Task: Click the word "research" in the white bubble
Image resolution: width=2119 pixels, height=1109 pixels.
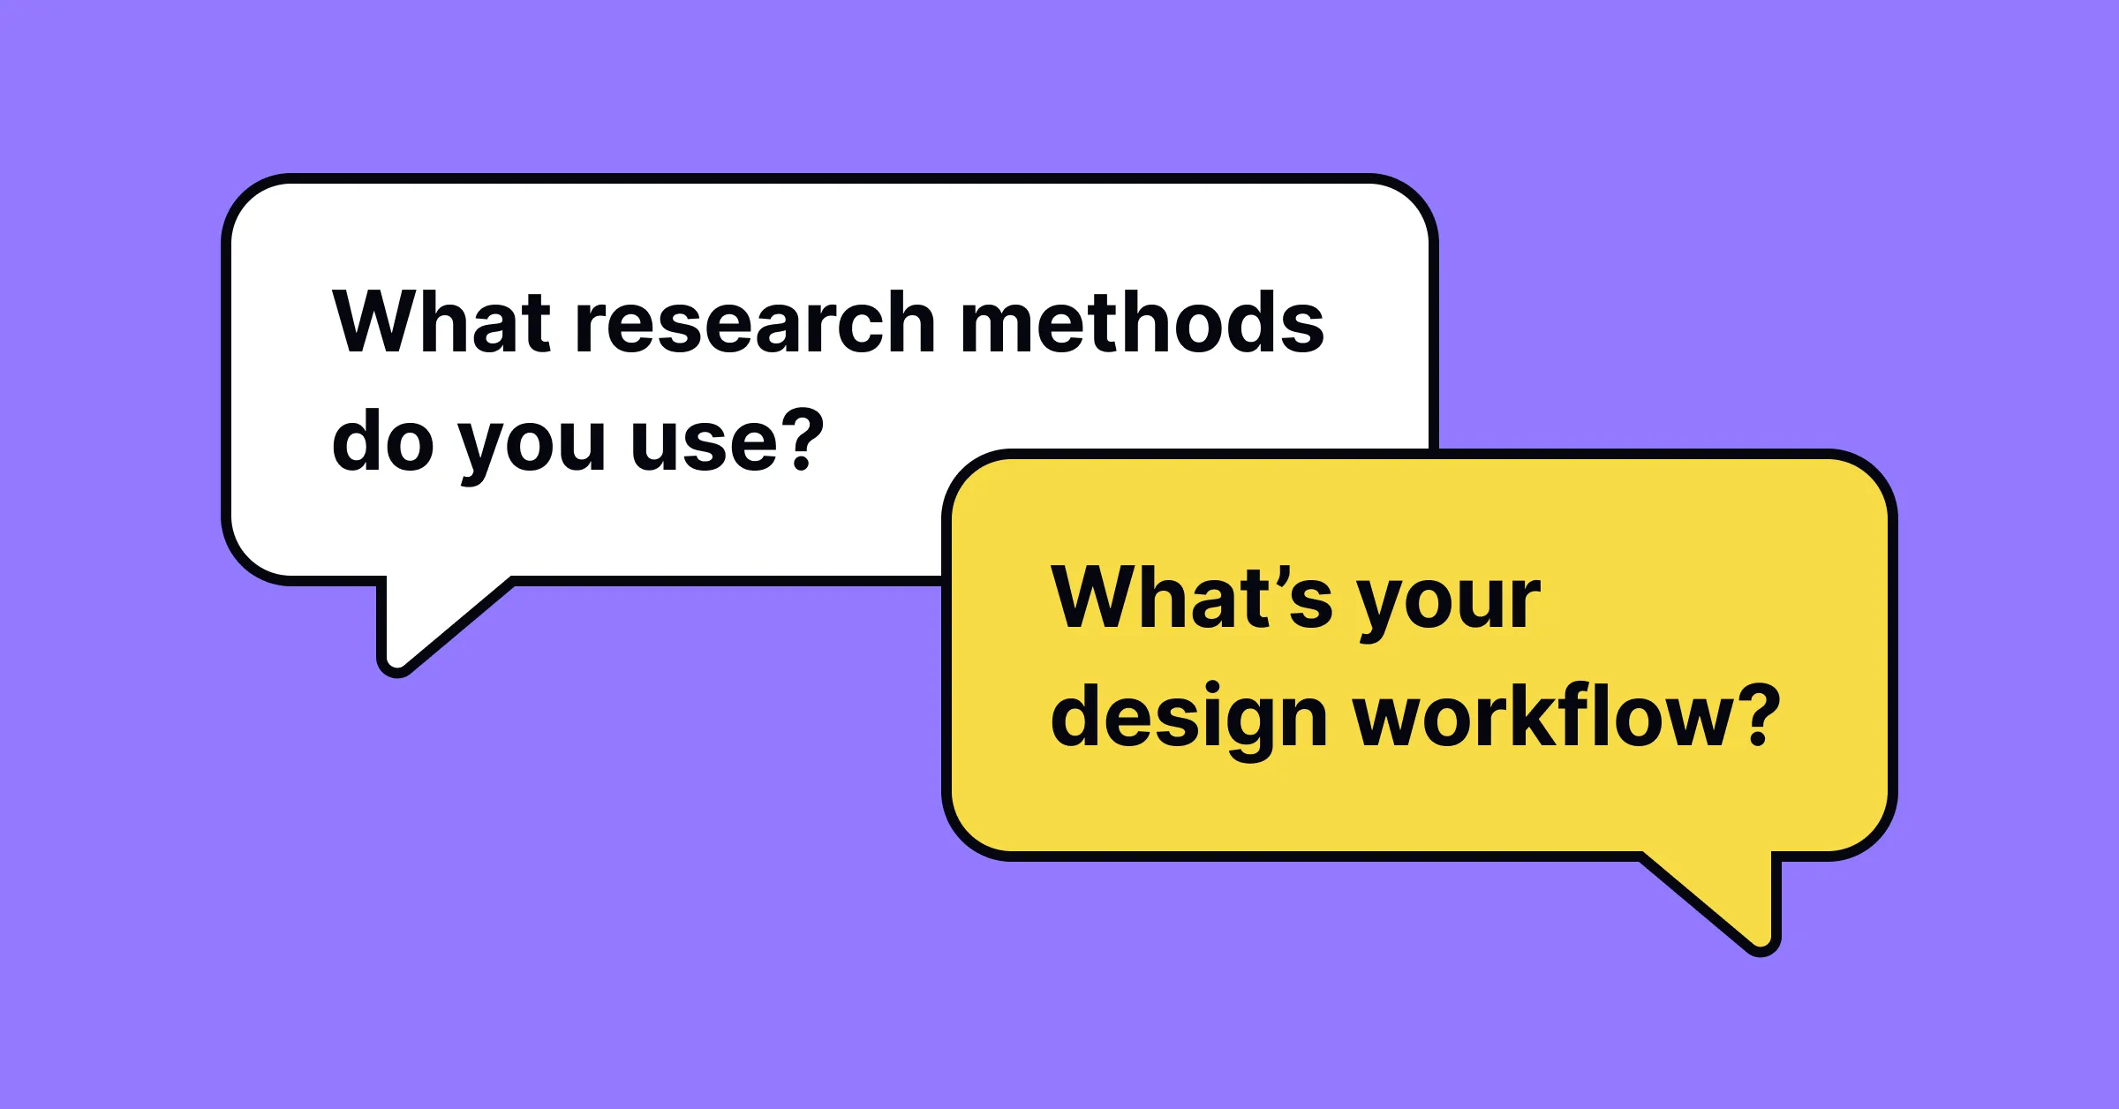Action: [x=755, y=323]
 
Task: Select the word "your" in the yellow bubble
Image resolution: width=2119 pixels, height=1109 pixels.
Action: [x=1449, y=604]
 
